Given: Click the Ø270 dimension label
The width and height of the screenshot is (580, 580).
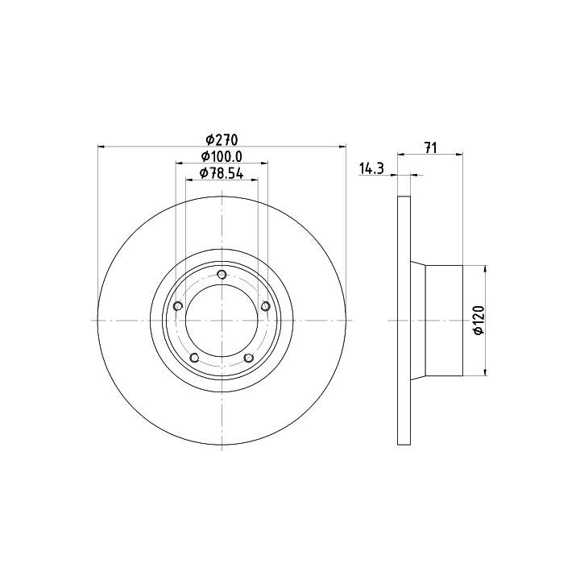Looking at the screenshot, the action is (222, 140).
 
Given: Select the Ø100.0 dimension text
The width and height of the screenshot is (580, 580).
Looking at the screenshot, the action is (222, 156).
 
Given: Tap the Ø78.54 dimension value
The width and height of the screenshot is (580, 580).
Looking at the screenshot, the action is (222, 173).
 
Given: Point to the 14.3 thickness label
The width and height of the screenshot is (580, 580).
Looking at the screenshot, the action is (371, 168).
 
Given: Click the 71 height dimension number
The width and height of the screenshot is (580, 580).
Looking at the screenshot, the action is (430, 147).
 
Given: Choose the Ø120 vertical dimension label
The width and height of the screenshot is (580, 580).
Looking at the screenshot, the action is (479, 321).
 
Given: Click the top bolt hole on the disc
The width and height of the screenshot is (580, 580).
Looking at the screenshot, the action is (222, 275).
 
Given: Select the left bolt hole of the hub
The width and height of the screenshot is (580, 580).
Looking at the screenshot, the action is (178, 306).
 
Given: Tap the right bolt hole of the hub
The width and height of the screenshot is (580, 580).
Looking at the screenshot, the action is (266, 306).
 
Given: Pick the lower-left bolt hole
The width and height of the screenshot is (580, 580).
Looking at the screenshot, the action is (195, 358).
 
